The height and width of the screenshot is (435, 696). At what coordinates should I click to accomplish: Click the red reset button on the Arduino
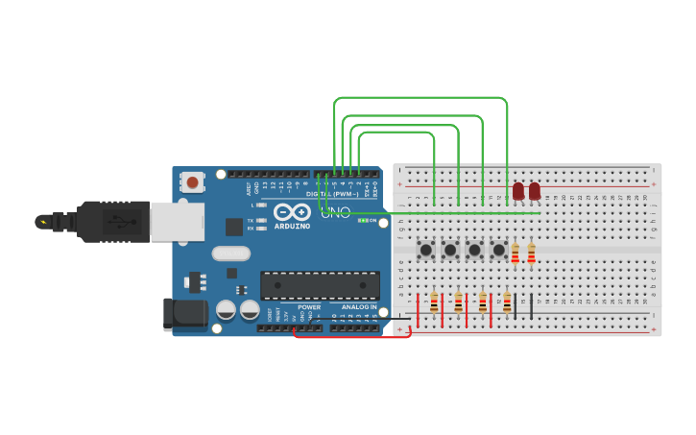click(x=193, y=181)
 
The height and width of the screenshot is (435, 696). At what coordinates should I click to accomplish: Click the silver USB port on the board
click(x=177, y=222)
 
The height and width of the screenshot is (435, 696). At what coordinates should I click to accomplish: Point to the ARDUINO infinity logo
click(x=291, y=212)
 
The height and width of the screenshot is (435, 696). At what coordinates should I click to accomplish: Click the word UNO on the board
click(x=335, y=212)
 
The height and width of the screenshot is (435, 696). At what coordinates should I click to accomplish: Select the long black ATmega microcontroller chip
click(x=320, y=284)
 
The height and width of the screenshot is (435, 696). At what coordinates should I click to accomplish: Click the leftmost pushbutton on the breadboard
click(x=426, y=250)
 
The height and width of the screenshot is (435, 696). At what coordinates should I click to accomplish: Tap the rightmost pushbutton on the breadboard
click(x=498, y=250)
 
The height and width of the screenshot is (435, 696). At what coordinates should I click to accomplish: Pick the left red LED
click(x=518, y=191)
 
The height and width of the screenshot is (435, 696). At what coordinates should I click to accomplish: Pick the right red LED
click(x=535, y=191)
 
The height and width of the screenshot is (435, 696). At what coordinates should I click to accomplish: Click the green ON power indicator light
click(x=362, y=220)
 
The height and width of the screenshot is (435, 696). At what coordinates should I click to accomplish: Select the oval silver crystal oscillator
click(x=230, y=254)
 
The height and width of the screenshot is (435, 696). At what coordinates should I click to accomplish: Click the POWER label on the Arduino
click(x=309, y=306)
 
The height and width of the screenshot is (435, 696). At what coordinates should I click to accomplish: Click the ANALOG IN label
click(x=359, y=306)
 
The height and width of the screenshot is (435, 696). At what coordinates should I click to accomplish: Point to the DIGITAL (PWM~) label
click(x=332, y=194)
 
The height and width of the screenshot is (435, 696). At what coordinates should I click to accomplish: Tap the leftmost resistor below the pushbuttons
click(x=434, y=302)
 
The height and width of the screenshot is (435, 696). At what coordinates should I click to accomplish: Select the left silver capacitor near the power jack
click(x=226, y=309)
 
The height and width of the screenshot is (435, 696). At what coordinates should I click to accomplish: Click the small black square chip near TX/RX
click(x=234, y=227)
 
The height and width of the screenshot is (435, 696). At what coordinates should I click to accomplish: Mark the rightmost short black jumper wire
click(x=531, y=305)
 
